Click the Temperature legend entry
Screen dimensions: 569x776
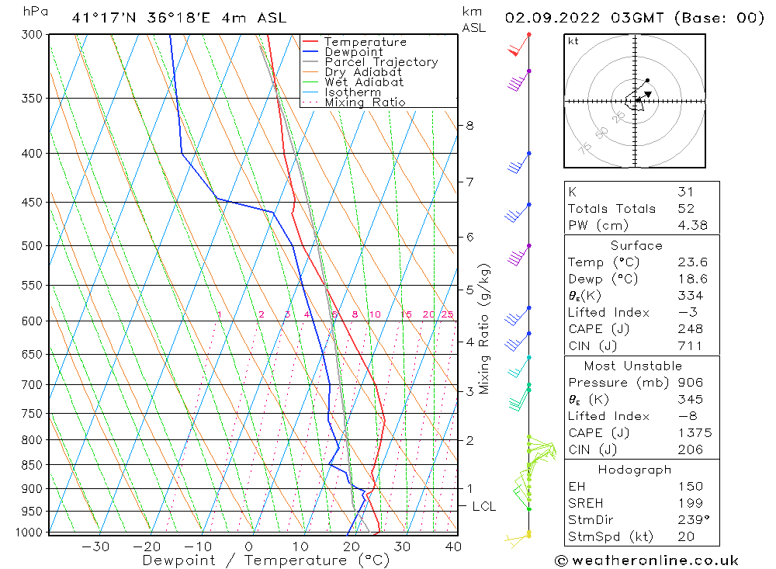click(365, 42)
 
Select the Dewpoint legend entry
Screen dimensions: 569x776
click(354, 52)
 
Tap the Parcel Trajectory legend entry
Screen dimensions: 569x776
click(381, 62)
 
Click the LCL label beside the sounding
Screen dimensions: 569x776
click(483, 506)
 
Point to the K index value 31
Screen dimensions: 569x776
click(685, 192)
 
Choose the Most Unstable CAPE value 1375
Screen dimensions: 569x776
click(694, 433)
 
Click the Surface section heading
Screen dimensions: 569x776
click(636, 245)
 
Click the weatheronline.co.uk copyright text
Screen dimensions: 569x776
click(646, 560)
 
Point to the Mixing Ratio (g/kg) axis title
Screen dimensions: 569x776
click(485, 328)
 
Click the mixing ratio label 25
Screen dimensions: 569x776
click(447, 314)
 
